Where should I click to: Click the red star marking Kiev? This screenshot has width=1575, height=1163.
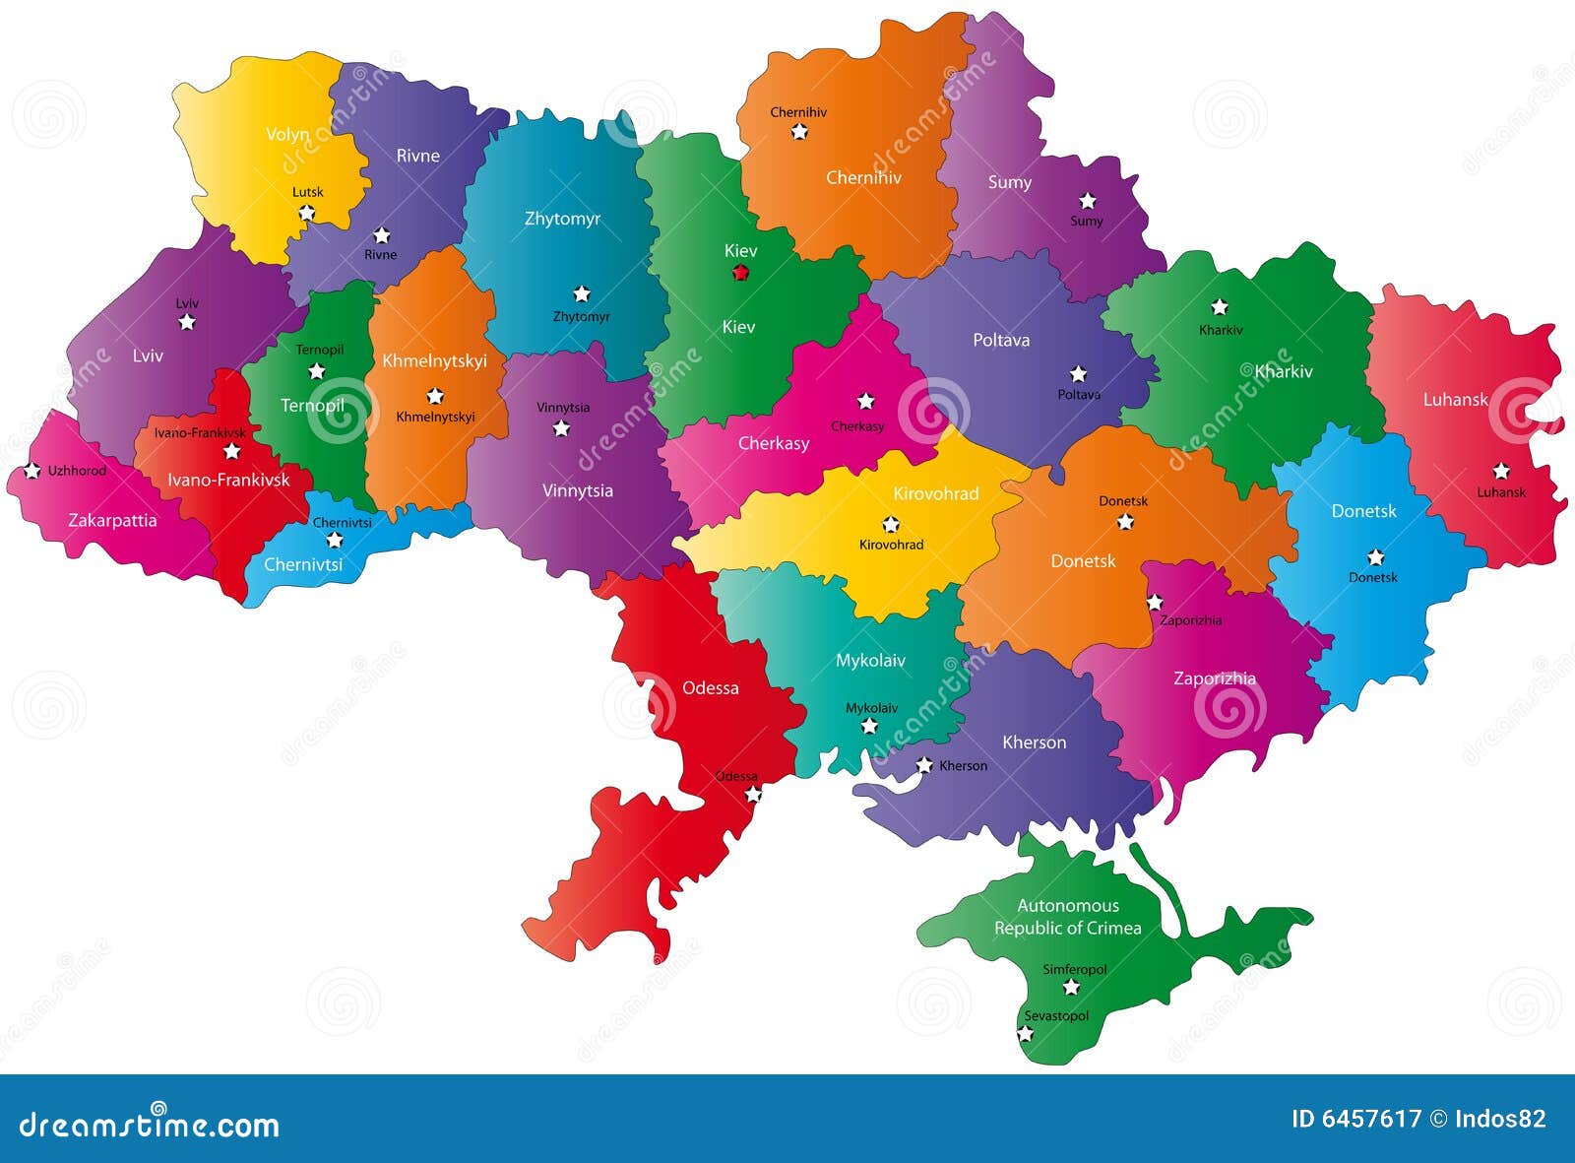tap(740, 273)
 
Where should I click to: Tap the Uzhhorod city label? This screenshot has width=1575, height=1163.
tap(77, 471)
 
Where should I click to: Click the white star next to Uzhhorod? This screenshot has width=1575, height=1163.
tap(32, 471)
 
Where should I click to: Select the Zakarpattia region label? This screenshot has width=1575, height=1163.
tap(112, 520)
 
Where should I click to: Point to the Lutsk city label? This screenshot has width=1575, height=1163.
tap(307, 192)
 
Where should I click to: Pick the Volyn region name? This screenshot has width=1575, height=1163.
tap(287, 134)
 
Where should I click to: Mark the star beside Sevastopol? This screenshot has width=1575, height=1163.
tap(1025, 1033)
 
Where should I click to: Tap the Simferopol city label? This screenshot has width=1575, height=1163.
tap(1075, 969)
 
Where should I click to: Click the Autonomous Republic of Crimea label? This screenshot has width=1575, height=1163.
tap(1068, 917)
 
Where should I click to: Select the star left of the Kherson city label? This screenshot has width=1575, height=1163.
tap(923, 765)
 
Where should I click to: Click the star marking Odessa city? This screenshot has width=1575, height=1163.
tap(753, 794)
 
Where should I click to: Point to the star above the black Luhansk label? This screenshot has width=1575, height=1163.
tap(1500, 471)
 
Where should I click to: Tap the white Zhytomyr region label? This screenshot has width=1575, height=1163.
tap(562, 219)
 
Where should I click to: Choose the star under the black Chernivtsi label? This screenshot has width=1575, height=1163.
tap(335, 540)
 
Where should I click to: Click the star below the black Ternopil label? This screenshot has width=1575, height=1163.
tap(316, 371)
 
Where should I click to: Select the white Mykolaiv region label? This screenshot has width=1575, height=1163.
tap(870, 661)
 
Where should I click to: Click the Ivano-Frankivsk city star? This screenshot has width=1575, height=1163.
tap(231, 451)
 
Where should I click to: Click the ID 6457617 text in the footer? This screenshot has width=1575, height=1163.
tap(1355, 1119)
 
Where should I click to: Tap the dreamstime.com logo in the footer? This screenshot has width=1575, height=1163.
tap(150, 1123)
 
